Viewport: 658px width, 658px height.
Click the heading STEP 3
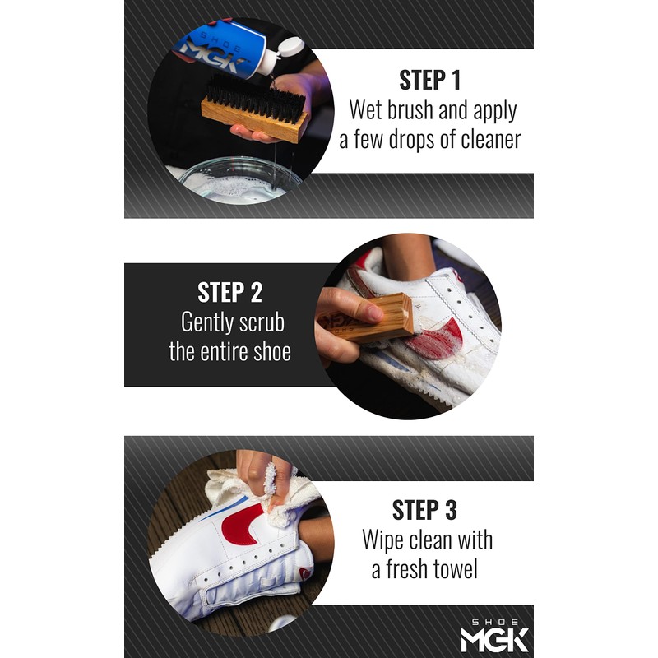424,509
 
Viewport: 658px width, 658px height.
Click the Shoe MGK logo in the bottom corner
493,633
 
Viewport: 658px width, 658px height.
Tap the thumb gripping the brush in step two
350,307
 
